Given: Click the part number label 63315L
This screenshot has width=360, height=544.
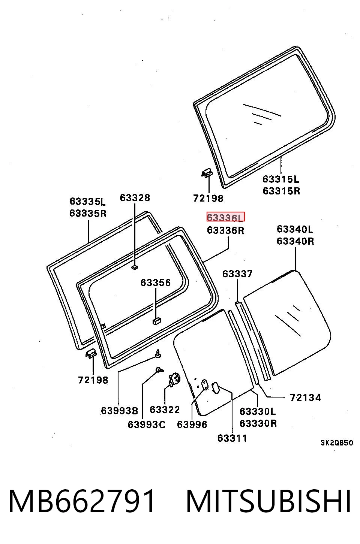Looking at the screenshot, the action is tap(281, 179).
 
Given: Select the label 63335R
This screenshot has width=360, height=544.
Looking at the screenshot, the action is tap(88, 213).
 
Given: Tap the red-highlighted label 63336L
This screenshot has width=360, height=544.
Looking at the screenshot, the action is tap(225, 217).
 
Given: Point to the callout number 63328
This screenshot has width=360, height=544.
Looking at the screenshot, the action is tap(135, 198).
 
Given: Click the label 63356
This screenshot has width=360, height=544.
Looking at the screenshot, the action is tap(156, 283).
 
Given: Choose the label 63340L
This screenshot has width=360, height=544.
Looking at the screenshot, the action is tap(295, 229).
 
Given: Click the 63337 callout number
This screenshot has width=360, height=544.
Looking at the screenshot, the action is tap(237, 274).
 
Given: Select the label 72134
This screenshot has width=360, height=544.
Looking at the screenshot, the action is tap(305, 398).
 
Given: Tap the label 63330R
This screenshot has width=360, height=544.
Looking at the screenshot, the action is tap(258, 423).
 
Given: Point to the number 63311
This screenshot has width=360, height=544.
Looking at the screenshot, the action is tap(232, 438).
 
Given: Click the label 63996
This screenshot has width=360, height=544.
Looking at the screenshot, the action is tap(192, 424).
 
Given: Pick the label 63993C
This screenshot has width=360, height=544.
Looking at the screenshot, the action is tap(147, 424).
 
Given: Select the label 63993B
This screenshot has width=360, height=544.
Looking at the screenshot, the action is tap(119, 411).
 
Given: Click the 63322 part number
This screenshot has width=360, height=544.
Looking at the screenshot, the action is tap(165, 410).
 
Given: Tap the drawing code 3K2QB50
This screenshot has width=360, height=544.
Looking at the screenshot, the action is tap(337, 443).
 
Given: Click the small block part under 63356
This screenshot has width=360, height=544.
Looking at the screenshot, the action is tap(157, 321).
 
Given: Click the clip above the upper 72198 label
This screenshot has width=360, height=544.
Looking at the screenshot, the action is tap(207, 173).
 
